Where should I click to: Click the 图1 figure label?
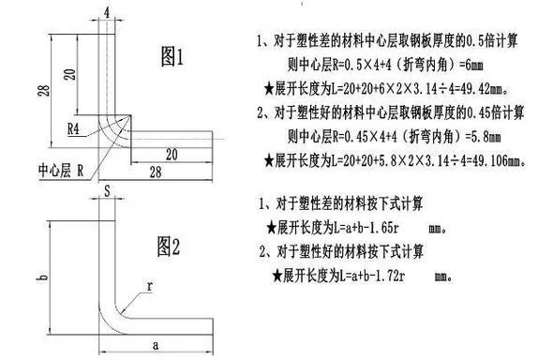tap(172, 56)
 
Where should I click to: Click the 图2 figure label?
tap(169, 247)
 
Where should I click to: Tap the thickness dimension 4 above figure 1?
tap(107, 13)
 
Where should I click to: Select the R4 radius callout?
tap(73, 129)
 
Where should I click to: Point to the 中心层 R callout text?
tap(61, 171)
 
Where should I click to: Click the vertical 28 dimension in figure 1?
tap(44, 91)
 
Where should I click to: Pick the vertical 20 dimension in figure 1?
tap(70, 74)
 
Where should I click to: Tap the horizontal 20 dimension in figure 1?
tap(172, 155)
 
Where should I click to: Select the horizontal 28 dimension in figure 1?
tap(156, 172)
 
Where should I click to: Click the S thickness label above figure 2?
tap(107, 191)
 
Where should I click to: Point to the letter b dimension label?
tap(42, 277)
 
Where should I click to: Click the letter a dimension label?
tap(156, 346)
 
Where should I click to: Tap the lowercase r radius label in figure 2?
tap(150, 286)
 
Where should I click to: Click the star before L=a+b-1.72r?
tap(278, 276)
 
